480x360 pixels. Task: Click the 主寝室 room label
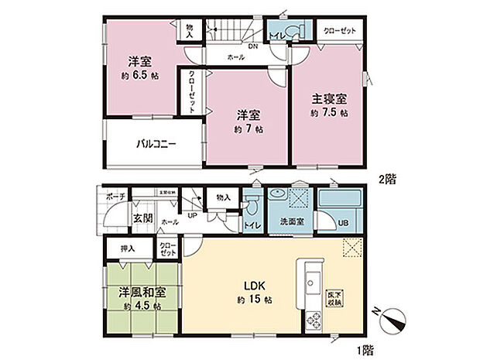click(x=330, y=99)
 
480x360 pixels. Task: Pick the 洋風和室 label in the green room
click(x=141, y=293)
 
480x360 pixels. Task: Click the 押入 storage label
click(x=128, y=249)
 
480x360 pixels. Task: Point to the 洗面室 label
click(x=291, y=222)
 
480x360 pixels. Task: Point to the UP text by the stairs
click(x=193, y=215)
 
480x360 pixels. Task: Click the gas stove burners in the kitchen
click(x=315, y=318)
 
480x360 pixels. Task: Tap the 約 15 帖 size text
click(x=248, y=300)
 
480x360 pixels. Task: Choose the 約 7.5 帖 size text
click(x=330, y=113)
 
